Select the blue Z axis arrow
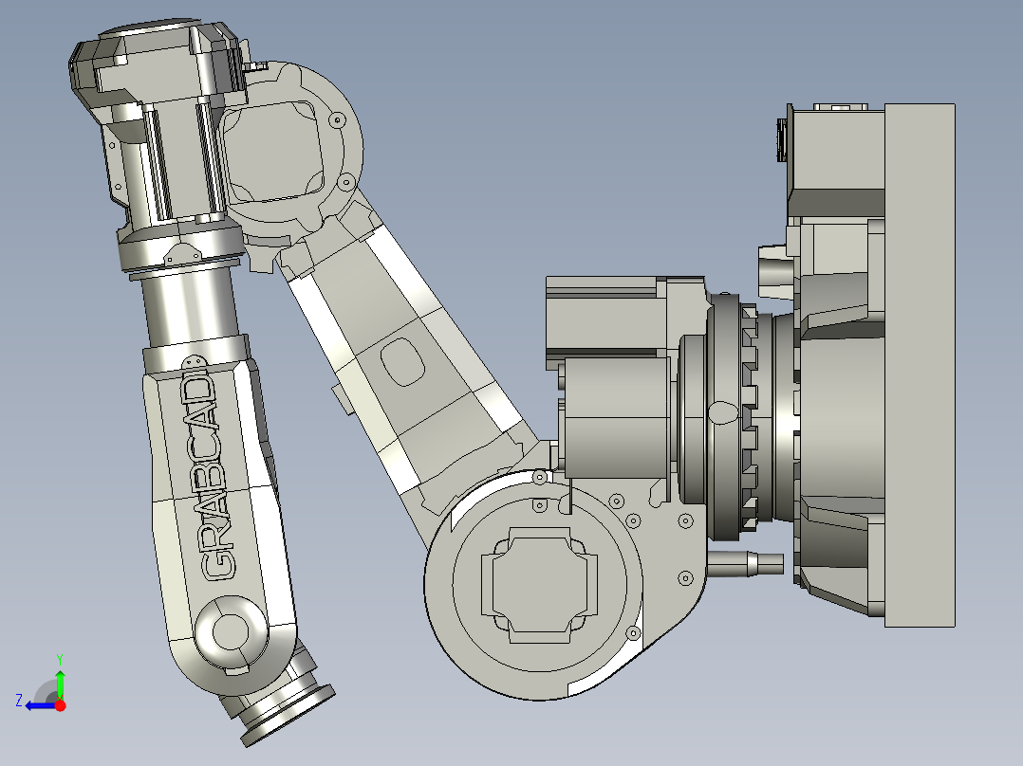(x=38, y=705)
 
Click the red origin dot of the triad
(x=61, y=705)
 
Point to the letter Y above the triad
(x=59, y=658)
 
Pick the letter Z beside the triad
(x=19, y=701)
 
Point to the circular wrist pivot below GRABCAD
(x=231, y=630)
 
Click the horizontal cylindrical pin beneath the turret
(x=746, y=566)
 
